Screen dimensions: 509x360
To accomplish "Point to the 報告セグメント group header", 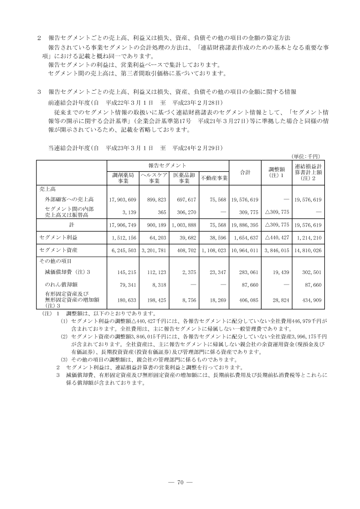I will [167, 165].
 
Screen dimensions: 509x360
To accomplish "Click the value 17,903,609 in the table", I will [123, 199].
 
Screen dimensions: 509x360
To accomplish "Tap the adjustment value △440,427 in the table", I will [277, 237].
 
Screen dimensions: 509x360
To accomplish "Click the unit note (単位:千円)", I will [307, 155].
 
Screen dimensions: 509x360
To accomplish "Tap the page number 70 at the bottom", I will [180, 483].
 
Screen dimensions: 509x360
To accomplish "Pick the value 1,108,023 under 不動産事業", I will [215, 250].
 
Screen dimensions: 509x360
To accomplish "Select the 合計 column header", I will [245, 172].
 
